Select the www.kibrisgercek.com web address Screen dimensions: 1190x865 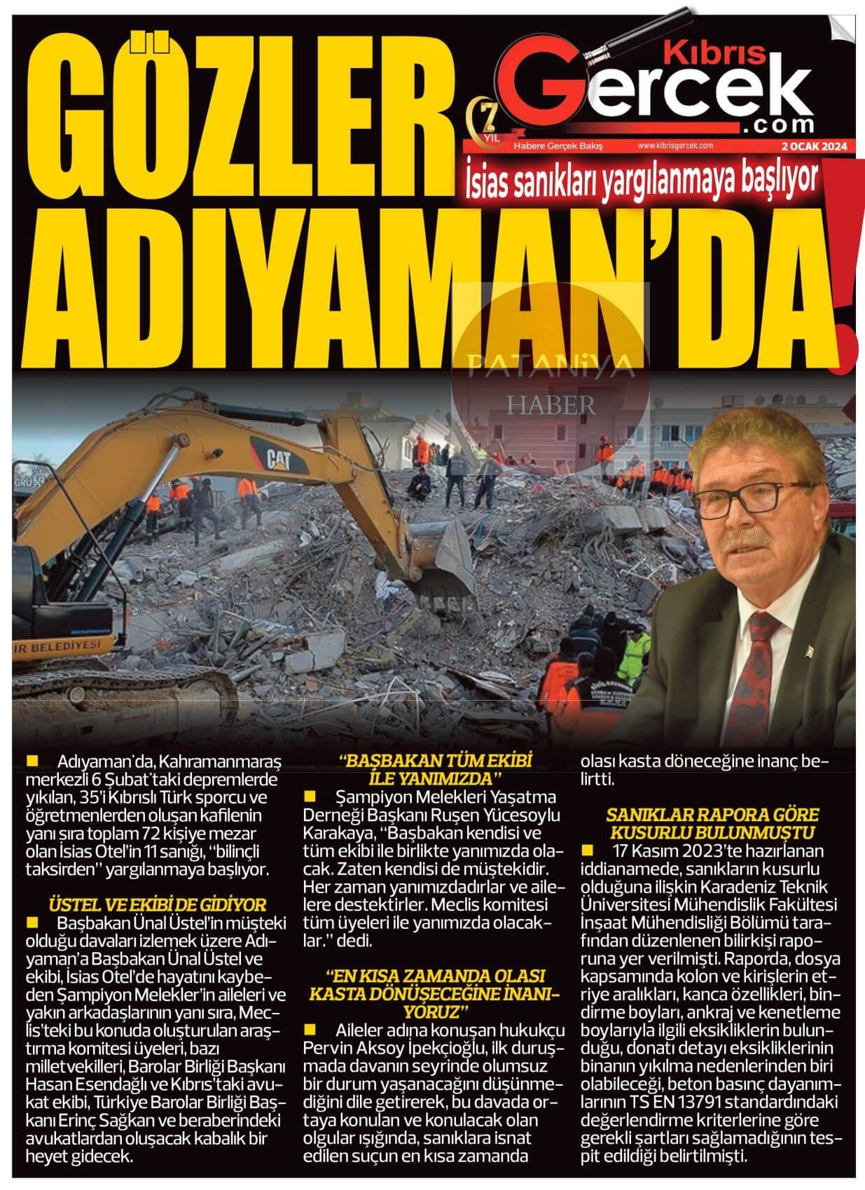click(674, 146)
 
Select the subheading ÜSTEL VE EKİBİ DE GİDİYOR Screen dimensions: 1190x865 click(158, 904)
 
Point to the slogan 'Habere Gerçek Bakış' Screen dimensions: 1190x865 click(558, 146)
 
